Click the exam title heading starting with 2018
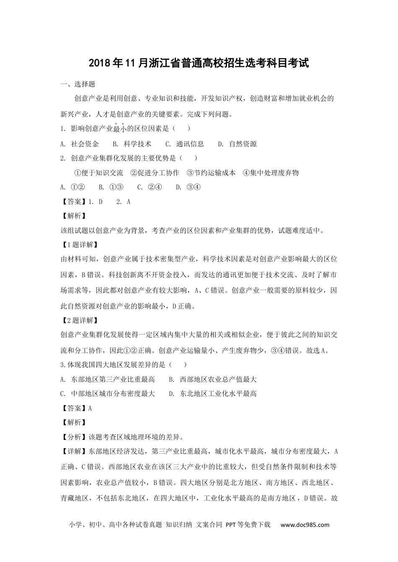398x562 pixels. coord(199,64)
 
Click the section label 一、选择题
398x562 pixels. coord(78,84)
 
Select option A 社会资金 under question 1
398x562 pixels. coord(80,144)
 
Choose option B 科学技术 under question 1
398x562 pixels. coord(132,144)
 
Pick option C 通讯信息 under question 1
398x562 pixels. coord(185,144)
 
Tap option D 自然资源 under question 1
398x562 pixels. coord(237,144)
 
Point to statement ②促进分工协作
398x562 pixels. coord(155,173)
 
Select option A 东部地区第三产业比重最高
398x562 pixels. coord(108,379)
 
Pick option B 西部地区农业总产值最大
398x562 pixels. coord(213,379)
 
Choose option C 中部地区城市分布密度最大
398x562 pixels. coord(108,393)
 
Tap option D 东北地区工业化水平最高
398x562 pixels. coord(213,393)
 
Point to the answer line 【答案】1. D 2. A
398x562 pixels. coord(96,202)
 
